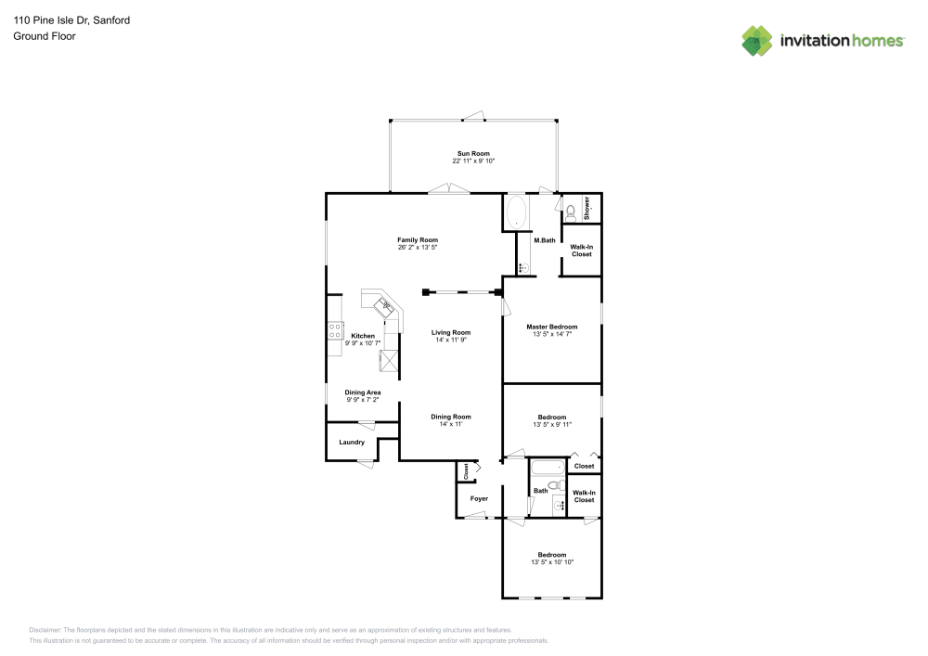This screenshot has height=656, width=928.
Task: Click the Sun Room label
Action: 473,154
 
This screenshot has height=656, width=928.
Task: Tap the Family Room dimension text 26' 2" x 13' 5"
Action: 418,247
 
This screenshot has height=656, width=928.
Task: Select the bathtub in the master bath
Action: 517,212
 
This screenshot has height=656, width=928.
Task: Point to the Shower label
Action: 587,208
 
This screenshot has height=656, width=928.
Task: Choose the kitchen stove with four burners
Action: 335,330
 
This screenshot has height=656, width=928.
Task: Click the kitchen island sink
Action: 384,307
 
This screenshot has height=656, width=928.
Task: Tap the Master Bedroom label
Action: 552,327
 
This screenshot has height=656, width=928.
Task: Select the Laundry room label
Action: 352,443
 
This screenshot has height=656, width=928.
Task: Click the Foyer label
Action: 480,498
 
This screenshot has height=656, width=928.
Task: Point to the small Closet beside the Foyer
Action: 466,471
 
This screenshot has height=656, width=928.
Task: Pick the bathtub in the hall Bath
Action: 548,468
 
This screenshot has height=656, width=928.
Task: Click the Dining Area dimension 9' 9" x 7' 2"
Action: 363,400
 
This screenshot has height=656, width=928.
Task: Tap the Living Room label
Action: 451,332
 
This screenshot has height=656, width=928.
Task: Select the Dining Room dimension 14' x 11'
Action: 451,423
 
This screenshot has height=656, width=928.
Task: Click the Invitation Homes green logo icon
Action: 757,41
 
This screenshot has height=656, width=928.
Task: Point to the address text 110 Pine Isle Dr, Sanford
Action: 71,20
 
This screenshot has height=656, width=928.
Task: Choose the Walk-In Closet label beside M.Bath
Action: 582,251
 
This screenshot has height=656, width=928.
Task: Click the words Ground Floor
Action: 45,36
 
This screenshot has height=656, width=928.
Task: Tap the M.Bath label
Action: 545,240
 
